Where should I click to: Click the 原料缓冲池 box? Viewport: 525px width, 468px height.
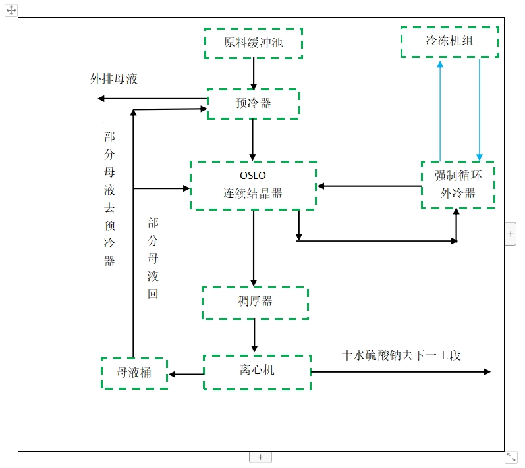click(x=254, y=43)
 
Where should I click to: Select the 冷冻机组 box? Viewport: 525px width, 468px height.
click(x=450, y=41)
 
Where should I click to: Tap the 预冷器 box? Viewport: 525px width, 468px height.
click(x=254, y=104)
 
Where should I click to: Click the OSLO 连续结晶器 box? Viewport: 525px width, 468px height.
click(x=254, y=186)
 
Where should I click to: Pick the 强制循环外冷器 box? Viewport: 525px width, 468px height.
click(x=458, y=185)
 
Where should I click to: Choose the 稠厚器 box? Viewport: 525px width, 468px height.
click(x=255, y=303)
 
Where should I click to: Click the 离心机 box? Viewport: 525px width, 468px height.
click(x=257, y=372)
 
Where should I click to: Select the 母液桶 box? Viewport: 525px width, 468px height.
click(x=134, y=373)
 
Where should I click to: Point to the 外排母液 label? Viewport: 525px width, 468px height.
click(x=114, y=79)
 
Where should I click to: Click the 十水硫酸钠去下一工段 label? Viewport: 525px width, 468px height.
click(x=401, y=355)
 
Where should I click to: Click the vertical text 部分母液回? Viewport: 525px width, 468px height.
click(x=153, y=258)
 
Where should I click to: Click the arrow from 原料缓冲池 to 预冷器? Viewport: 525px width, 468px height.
click(x=254, y=74)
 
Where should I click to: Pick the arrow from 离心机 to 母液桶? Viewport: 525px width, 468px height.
click(x=186, y=375)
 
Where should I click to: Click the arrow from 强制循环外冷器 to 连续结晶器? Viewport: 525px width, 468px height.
click(x=369, y=186)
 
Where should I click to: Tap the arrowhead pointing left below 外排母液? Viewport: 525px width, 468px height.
click(x=101, y=99)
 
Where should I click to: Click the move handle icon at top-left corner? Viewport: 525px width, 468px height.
click(x=11, y=10)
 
